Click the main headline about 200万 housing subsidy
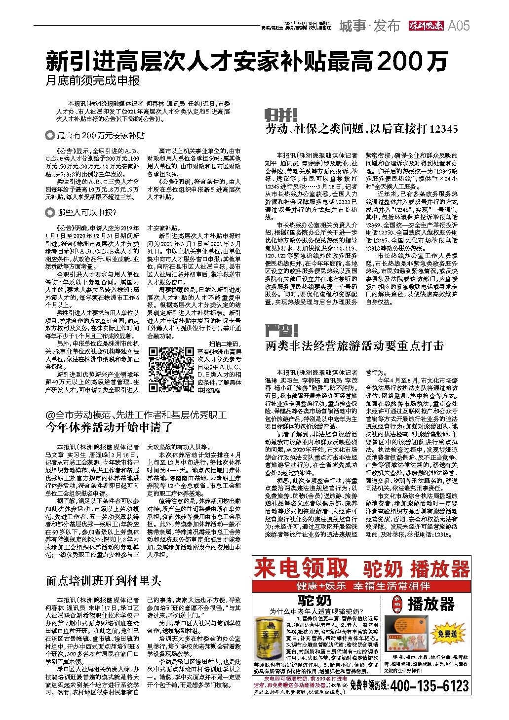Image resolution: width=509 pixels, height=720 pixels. pyautogui.click(x=247, y=61)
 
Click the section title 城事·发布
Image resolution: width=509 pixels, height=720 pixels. pyautogui.click(x=369, y=26)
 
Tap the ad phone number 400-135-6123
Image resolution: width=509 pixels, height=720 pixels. pyautogui.click(x=429, y=685)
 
